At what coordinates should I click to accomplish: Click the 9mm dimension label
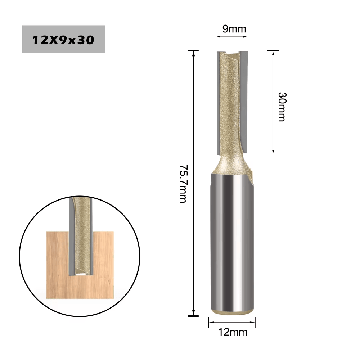click(231, 29)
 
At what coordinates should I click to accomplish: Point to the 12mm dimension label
click(233, 332)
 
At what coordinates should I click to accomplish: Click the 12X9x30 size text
click(63, 39)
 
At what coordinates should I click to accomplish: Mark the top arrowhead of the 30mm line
click(273, 54)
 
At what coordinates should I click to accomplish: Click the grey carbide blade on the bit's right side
click(244, 101)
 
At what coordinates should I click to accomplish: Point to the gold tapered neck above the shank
click(230, 164)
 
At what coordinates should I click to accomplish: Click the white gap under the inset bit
click(81, 274)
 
